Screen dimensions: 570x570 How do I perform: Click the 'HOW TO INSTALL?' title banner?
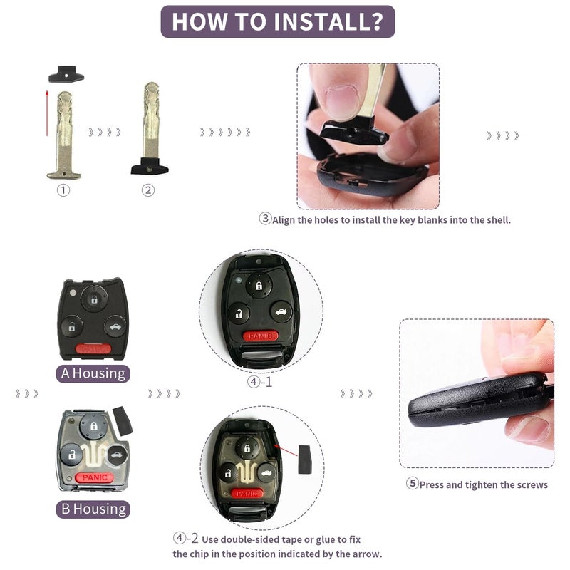coord(278,21)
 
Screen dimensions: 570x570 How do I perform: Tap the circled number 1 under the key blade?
coord(63,190)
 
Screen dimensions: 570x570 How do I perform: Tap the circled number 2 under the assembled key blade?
coord(148,190)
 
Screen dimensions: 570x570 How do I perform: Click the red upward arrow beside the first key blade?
coord(47,113)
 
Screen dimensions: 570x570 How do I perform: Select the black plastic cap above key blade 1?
coord(66,74)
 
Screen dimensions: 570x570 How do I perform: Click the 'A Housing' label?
coord(93,373)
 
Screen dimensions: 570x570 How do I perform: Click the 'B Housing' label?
coord(93,509)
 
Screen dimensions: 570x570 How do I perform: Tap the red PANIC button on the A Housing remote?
coord(93,349)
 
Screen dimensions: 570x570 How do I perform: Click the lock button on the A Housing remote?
coord(94,299)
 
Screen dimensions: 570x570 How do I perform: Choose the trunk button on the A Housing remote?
coord(115,326)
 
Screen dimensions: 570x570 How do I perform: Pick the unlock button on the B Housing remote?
coord(71,455)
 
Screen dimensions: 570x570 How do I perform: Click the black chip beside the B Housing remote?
coord(123,421)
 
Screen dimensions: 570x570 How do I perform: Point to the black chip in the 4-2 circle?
coord(305,459)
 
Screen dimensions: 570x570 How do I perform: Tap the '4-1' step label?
coord(259,382)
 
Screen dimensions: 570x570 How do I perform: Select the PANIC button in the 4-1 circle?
coord(260,336)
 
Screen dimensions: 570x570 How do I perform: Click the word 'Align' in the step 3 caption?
coord(284,220)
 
